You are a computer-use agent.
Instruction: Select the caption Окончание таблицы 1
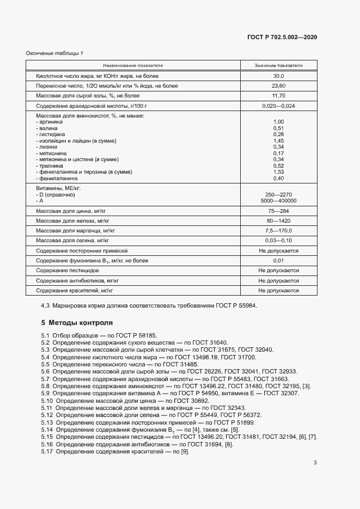click(x=54, y=53)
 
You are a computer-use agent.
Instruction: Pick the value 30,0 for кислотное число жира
click(x=278, y=76)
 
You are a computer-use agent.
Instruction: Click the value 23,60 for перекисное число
click(x=278, y=86)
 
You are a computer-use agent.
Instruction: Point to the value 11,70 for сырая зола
click(x=278, y=96)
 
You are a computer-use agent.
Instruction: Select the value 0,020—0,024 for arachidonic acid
click(x=278, y=106)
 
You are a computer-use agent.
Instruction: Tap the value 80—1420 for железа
click(x=278, y=220)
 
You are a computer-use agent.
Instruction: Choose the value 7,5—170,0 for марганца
click(x=278, y=230)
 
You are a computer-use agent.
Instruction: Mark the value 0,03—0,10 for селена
click(x=278, y=240)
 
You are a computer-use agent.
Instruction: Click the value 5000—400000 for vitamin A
click(x=278, y=200)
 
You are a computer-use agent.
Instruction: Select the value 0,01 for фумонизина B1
click(x=278, y=261)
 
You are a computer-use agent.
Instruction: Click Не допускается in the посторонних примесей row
click(x=278, y=250)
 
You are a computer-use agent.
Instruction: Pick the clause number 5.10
click(x=47, y=400)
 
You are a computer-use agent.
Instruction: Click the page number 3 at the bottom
click(x=315, y=463)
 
